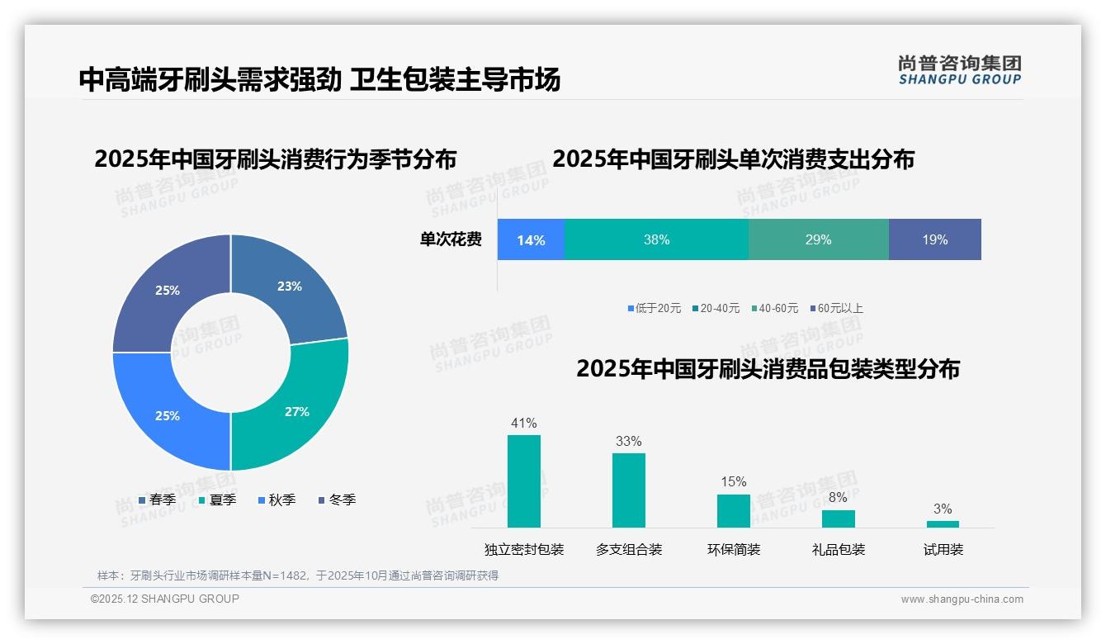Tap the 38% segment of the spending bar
656,239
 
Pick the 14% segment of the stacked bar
531,239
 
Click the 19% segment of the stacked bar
934,239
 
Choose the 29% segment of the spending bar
818,239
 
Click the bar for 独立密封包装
524,481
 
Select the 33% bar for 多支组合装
629,490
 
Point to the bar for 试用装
943,523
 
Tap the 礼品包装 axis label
839,550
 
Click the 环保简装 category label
734,550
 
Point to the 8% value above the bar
838,498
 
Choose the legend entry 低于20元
655,309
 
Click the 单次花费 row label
451,239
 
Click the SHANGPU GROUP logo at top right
959,70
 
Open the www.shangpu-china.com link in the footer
962,599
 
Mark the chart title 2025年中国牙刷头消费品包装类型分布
768,369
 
